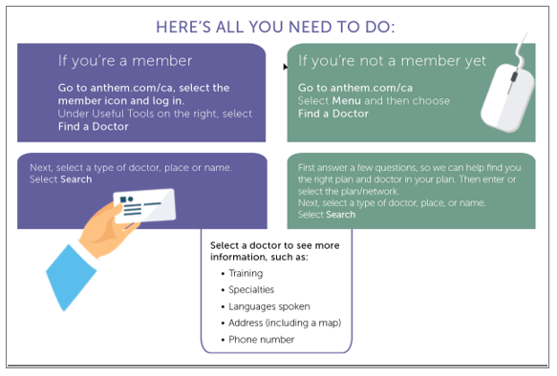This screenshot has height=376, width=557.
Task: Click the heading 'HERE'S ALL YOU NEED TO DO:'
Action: (x=275, y=27)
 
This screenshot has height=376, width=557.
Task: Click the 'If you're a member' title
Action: (x=125, y=61)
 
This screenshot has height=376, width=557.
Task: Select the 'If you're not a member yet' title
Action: (x=392, y=61)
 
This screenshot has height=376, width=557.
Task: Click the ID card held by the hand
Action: (x=144, y=206)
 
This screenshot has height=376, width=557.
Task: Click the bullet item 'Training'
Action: (x=246, y=274)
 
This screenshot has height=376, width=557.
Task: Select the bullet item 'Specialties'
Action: (x=251, y=290)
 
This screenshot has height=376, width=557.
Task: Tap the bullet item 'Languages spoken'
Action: (x=269, y=306)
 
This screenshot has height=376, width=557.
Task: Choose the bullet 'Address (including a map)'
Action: (x=285, y=323)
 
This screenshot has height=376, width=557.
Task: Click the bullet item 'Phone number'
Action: (x=262, y=340)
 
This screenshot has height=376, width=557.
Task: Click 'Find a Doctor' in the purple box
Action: (x=94, y=127)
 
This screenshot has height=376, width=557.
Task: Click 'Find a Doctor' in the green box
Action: (x=333, y=114)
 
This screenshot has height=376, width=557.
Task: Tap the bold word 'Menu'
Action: (x=347, y=101)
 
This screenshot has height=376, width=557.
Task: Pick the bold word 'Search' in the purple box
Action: (x=76, y=179)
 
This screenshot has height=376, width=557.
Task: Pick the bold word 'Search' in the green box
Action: (x=341, y=215)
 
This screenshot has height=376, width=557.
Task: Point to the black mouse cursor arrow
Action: (x=286, y=67)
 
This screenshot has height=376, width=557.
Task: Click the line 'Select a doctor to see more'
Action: (x=274, y=245)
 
